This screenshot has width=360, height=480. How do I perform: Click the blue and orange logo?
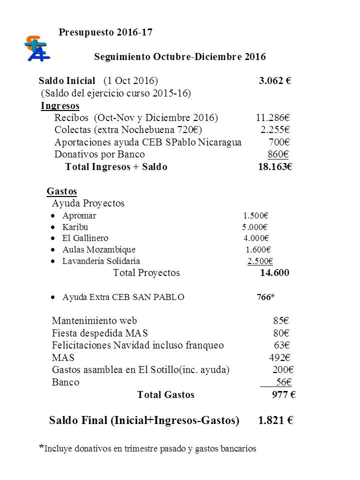point(37,48)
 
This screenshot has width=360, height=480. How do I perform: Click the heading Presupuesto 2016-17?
point(105,32)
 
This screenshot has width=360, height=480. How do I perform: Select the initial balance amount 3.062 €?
point(275,81)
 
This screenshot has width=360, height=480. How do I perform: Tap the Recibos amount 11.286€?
point(273,118)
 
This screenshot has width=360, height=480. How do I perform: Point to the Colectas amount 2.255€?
point(275,130)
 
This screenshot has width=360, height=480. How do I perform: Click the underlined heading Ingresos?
point(60,105)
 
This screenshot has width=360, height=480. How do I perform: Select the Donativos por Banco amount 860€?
point(278,154)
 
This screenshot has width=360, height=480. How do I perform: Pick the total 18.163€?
point(274,167)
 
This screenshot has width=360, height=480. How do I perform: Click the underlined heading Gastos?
point(61,191)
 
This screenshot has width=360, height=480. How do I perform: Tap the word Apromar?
point(79,216)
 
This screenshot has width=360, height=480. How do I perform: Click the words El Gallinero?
point(85,238)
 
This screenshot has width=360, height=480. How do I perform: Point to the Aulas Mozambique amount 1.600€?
point(258,249)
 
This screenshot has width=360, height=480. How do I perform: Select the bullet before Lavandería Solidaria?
point(53,261)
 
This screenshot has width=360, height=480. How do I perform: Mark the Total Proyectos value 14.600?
point(274,273)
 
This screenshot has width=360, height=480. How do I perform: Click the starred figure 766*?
point(265,297)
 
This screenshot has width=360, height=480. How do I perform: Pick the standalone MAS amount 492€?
point(280,357)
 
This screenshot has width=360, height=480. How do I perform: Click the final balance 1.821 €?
point(275,420)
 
